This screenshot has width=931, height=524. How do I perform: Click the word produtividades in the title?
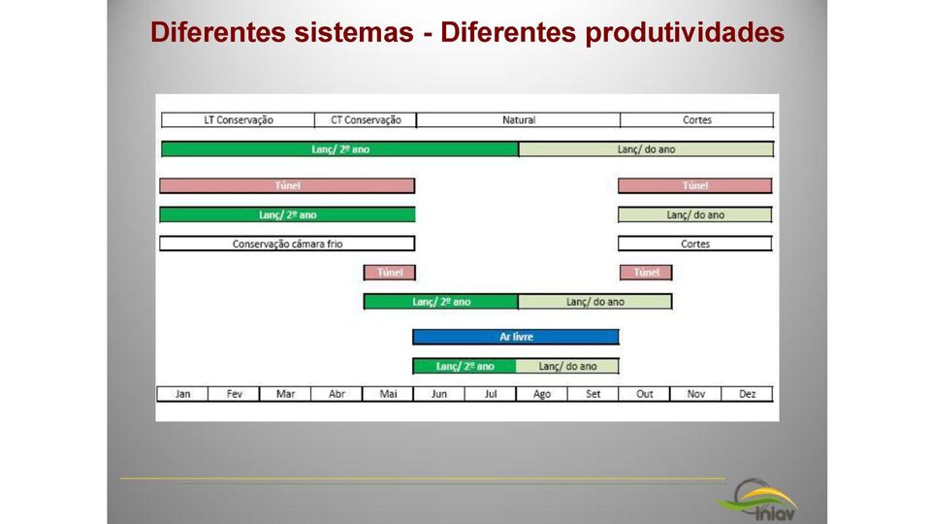(686, 32)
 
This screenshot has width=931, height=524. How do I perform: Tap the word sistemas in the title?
(353, 32)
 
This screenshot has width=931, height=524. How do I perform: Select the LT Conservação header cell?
(238, 120)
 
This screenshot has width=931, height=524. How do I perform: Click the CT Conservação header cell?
(366, 120)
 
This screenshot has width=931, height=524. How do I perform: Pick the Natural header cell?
(518, 120)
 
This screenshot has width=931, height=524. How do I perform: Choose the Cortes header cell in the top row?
(696, 120)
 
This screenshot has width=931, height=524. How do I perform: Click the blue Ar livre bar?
(516, 337)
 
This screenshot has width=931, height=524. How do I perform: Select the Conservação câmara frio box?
(287, 244)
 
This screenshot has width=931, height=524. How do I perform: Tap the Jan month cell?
(183, 394)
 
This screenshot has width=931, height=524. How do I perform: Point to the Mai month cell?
(388, 394)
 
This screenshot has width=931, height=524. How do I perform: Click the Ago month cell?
(542, 394)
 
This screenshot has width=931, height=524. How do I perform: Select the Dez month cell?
(747, 394)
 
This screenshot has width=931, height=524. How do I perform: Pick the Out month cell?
(645, 394)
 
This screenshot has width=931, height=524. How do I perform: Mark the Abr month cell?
(337, 394)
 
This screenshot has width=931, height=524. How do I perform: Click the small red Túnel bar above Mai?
(389, 273)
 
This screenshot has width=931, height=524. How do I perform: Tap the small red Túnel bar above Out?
(646, 273)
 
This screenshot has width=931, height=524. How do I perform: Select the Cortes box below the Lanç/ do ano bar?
(695, 244)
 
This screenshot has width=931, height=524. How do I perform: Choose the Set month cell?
(594, 394)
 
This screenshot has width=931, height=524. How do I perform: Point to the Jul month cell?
(491, 394)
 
